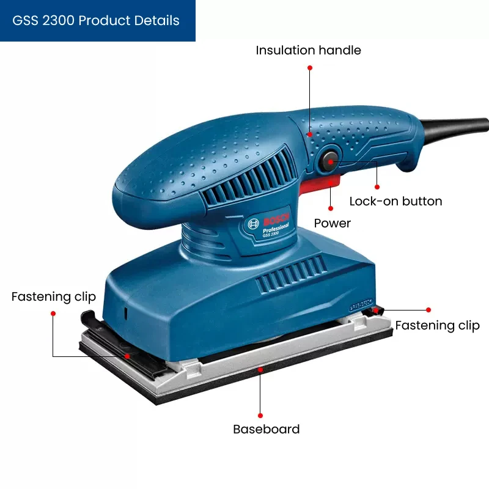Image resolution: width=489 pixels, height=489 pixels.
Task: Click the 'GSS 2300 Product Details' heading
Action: point(96,20)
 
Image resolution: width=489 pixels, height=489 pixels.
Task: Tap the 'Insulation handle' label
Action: point(308,50)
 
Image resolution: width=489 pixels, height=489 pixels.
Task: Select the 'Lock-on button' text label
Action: point(395,201)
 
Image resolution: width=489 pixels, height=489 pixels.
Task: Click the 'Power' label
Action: point(332,223)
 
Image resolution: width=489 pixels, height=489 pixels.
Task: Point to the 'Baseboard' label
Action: point(266,429)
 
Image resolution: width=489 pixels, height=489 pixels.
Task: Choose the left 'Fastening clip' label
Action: point(54,297)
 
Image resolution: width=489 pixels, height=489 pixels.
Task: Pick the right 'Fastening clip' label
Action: point(437,325)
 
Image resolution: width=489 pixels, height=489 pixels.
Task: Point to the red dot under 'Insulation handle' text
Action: point(310,68)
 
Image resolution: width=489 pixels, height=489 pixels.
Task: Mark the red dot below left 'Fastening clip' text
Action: point(53,313)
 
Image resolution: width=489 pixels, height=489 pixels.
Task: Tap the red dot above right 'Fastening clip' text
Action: point(428,310)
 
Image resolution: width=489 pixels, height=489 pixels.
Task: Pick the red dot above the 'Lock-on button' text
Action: point(377,186)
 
